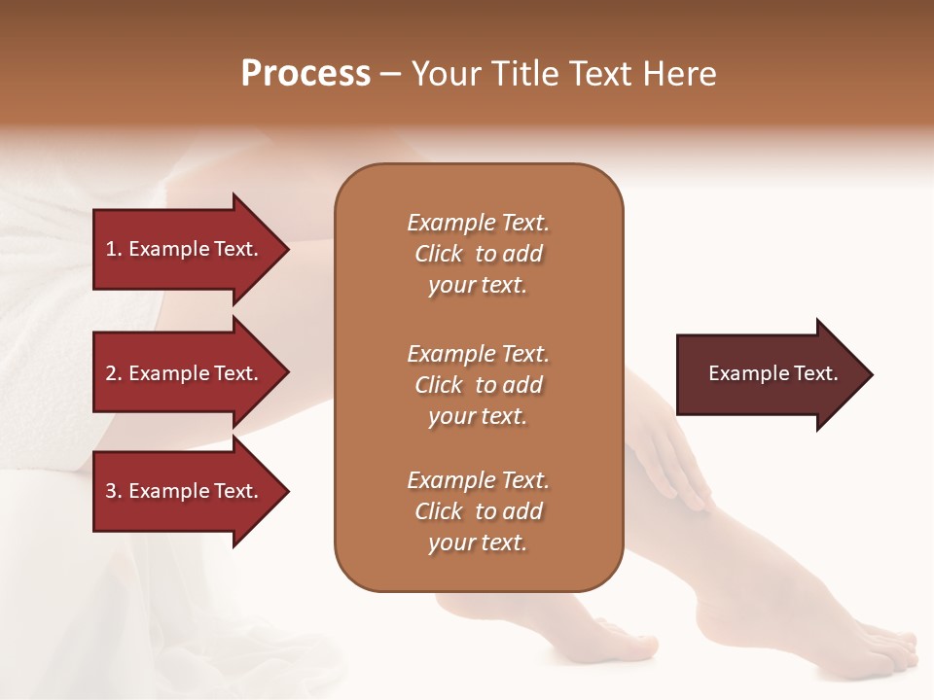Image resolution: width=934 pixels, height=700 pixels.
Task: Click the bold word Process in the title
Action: (305, 74)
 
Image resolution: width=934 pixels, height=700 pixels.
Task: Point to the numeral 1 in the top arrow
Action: (111, 249)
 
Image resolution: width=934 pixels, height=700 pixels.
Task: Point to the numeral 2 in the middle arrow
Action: (111, 373)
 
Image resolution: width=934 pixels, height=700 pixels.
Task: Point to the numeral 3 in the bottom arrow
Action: (111, 491)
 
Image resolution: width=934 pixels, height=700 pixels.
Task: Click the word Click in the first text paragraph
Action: (439, 254)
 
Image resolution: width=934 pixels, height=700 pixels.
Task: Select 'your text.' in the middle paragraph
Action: (478, 416)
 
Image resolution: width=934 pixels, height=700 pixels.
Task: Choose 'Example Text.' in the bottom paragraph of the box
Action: (478, 480)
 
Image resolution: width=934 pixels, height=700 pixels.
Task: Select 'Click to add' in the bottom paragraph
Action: (478, 511)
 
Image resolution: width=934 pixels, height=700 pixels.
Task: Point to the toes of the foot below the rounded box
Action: (623, 637)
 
